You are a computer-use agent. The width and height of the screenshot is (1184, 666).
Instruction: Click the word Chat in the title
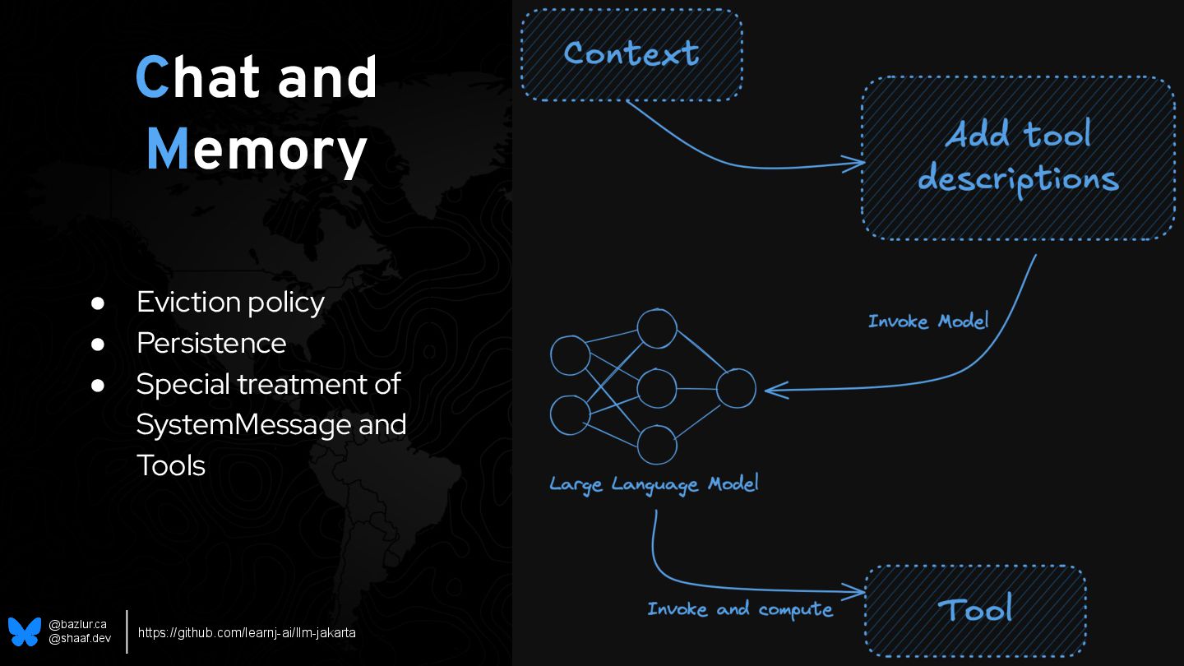(x=198, y=78)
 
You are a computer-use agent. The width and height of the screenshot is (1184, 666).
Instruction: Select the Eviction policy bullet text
(x=230, y=302)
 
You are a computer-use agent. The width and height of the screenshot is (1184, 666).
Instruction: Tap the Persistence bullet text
(x=211, y=343)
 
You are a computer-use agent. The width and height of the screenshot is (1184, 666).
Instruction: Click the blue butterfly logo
(x=25, y=631)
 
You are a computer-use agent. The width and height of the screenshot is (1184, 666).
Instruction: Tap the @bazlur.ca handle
(x=77, y=625)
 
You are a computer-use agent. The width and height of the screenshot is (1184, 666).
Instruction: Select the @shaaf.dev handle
(x=79, y=639)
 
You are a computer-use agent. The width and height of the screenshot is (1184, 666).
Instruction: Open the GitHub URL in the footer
(x=247, y=632)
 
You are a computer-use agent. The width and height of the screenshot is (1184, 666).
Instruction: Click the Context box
(x=631, y=54)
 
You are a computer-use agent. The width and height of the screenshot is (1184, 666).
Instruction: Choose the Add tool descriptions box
(x=1018, y=158)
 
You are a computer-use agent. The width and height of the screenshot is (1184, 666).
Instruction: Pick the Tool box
(x=975, y=610)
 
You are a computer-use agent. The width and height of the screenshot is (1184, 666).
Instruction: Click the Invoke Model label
(x=928, y=321)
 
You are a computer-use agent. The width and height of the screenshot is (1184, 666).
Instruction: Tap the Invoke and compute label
(x=740, y=609)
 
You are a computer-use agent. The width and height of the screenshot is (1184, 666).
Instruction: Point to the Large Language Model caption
(x=654, y=484)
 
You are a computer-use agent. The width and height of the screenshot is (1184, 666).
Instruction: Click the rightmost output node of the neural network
(x=736, y=389)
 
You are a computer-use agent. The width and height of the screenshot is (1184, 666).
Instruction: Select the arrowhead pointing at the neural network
(x=773, y=390)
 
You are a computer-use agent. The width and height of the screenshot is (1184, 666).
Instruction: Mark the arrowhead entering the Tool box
(x=858, y=591)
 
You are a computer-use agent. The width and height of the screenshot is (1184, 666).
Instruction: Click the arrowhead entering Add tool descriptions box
(x=856, y=164)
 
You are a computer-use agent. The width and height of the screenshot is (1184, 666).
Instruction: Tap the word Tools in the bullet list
(x=171, y=465)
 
